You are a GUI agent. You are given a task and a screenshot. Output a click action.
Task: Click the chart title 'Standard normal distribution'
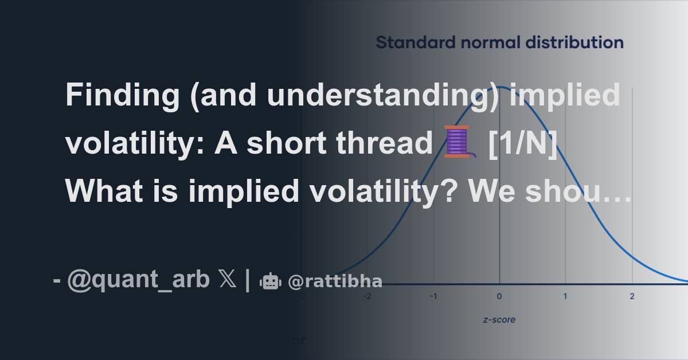(x=500, y=42)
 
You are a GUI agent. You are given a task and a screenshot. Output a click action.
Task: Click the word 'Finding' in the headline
(x=123, y=96)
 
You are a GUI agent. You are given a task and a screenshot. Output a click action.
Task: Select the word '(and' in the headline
(x=223, y=96)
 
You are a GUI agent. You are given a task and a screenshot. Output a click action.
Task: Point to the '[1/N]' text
(x=523, y=143)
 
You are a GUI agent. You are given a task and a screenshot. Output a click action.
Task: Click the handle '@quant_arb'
(x=138, y=280)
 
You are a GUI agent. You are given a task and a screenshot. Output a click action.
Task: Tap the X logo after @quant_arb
(x=228, y=279)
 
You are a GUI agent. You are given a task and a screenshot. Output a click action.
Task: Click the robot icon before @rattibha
(x=270, y=281)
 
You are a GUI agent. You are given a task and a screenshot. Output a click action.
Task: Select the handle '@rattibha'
(x=335, y=281)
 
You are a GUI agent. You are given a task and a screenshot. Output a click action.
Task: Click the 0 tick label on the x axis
(x=499, y=296)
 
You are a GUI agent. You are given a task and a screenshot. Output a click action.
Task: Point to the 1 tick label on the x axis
(x=565, y=296)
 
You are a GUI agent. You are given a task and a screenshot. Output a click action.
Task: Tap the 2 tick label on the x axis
(x=632, y=296)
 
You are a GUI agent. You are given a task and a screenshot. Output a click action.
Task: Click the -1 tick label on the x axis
(x=433, y=296)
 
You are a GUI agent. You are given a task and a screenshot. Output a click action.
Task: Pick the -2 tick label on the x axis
(x=367, y=296)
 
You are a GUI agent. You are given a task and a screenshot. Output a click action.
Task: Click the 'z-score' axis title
(x=499, y=320)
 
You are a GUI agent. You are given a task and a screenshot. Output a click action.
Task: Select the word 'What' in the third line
(x=104, y=191)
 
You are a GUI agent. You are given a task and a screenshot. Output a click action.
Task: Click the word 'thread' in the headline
(x=385, y=143)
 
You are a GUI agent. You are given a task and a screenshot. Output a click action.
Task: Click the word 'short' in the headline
(x=286, y=143)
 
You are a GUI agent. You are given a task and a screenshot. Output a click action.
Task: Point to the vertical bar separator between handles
(x=248, y=280)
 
